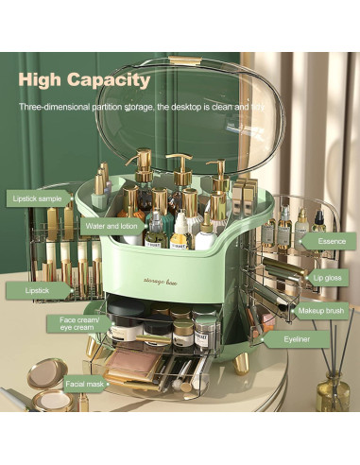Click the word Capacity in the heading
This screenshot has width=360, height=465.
[113, 80]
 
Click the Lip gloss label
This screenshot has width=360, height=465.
[326, 277]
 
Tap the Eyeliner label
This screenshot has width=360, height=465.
[308, 337]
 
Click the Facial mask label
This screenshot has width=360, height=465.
[84, 385]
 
